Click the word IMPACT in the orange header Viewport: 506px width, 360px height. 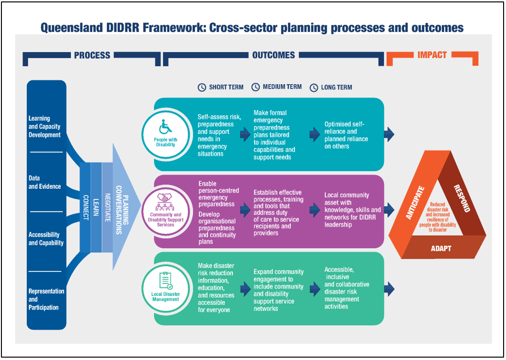[x=432, y=55]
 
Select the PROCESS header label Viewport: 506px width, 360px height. [x=92, y=55]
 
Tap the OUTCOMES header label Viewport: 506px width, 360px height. [x=274, y=55]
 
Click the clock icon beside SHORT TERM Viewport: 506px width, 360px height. [x=202, y=87]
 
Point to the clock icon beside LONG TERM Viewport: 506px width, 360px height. [x=314, y=87]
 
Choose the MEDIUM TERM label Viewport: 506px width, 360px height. [x=282, y=87]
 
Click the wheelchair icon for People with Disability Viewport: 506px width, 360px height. [x=166, y=128]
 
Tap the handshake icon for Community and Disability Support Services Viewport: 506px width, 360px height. [x=165, y=197]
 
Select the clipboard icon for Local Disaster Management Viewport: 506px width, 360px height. [x=165, y=280]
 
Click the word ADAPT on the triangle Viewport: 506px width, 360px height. [x=440, y=249]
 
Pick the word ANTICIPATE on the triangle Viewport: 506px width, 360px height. [x=415, y=202]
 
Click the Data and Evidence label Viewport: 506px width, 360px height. [x=44, y=182]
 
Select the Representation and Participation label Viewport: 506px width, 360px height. [x=46, y=299]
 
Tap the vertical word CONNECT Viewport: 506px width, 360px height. [x=86, y=207]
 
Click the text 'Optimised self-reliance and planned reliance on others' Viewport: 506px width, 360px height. [x=346, y=135]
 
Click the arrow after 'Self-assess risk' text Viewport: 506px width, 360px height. [x=245, y=135]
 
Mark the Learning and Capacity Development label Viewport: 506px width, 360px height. [x=44, y=127]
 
